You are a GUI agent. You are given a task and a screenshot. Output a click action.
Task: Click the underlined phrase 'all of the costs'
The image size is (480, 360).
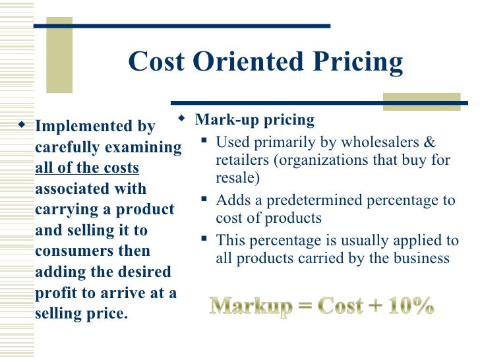[86, 167]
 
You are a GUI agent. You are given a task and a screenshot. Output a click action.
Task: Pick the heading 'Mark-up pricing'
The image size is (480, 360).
[255, 120]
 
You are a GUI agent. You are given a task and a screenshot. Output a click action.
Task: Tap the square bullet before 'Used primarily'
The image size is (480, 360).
[205, 141]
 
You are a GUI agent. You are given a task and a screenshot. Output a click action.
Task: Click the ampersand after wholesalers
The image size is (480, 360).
[431, 142]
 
